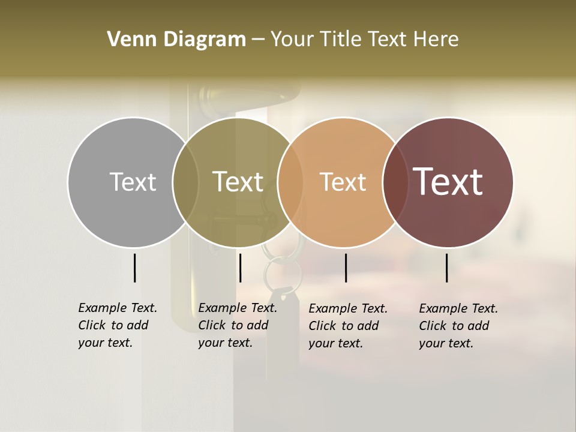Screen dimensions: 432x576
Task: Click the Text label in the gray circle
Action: point(133,182)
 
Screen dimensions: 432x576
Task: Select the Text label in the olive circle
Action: point(238,182)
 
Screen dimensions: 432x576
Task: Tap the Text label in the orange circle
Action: point(343,182)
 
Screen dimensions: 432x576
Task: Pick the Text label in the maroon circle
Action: point(448,182)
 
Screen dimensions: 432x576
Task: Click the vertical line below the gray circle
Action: point(134,268)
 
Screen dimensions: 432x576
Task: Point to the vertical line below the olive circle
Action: point(240,268)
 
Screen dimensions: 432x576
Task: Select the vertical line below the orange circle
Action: point(346,268)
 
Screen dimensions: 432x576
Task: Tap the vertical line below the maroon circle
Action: point(447,268)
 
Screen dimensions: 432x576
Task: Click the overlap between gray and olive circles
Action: point(185,182)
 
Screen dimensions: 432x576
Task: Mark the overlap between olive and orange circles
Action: point(290,182)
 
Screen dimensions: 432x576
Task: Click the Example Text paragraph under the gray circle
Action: point(117,325)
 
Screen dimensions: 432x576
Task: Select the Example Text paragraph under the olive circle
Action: point(237,325)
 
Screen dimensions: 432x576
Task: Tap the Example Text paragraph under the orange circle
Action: point(347,326)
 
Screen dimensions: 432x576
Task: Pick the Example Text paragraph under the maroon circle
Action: point(458,326)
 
